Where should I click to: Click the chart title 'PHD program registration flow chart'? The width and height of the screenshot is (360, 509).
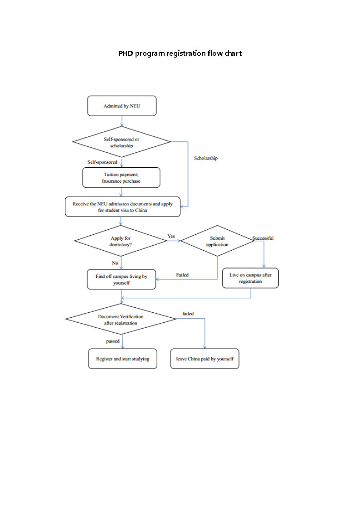click(x=180, y=53)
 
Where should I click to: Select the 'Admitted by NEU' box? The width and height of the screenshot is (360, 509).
click(x=122, y=106)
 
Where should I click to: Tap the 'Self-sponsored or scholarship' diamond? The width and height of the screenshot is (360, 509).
click(x=122, y=142)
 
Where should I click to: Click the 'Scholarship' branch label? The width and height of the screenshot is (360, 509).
click(x=206, y=158)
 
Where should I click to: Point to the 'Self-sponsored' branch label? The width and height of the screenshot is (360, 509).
click(x=102, y=162)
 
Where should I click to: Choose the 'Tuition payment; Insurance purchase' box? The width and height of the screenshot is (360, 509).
click(x=121, y=177)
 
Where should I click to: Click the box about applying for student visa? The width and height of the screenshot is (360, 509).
click(x=122, y=207)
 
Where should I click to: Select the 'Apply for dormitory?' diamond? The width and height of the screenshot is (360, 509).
click(x=121, y=241)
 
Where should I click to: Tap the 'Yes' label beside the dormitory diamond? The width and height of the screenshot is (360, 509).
click(x=171, y=236)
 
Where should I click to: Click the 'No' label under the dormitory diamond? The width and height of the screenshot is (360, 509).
click(x=115, y=263)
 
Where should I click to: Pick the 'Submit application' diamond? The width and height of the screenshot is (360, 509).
click(x=218, y=241)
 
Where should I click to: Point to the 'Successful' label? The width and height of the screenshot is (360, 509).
click(x=263, y=238)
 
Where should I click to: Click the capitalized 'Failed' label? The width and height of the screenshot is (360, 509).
click(x=182, y=275)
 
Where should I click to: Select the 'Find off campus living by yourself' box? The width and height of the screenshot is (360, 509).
click(x=121, y=279)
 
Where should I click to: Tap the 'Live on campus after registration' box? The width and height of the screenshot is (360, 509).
click(x=250, y=278)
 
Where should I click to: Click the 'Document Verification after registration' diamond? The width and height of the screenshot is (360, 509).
click(x=121, y=320)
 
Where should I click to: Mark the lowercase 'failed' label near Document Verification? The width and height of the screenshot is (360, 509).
click(x=188, y=314)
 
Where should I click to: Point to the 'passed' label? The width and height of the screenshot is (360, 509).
click(x=113, y=341)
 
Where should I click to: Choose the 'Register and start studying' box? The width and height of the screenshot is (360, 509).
click(x=122, y=359)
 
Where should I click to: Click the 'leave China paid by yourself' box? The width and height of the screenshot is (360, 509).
click(x=204, y=359)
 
